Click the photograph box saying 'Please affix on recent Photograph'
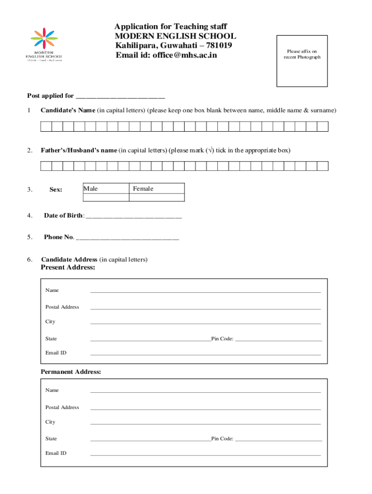coord(301,61)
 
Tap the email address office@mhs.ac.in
coord(185,55)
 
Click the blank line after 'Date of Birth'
coord(134,216)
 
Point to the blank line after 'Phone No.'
coord(128,237)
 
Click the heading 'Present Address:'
coord(68,268)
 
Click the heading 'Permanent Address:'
coord(71,372)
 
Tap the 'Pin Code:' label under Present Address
coord(222,339)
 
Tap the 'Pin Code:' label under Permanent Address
coord(222,439)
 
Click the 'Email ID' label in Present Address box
coord(56,353)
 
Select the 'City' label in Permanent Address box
coord(50,422)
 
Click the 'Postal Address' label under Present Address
coord(62,307)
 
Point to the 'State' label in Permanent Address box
coord(51,439)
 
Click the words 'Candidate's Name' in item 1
coord(68,110)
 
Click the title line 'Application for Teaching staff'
coord(171,27)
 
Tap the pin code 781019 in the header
coord(217,46)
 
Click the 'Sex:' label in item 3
coord(56,190)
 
